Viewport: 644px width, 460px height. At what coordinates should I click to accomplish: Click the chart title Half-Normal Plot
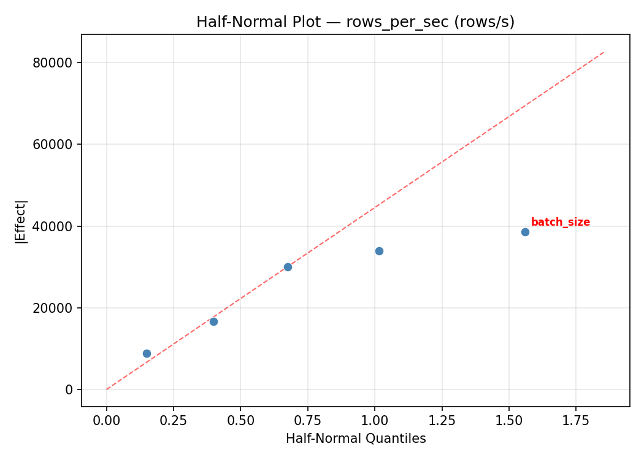(x=355, y=22)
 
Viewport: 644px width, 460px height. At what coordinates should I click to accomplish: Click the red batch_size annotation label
(x=560, y=222)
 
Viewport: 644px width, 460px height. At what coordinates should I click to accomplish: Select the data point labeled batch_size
(x=525, y=232)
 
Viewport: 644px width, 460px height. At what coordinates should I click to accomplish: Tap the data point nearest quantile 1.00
(x=379, y=251)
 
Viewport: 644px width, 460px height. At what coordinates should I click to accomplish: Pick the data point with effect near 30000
(x=288, y=267)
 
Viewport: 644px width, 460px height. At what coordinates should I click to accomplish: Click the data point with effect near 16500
(x=213, y=321)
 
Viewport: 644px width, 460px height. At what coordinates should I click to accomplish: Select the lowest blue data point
(x=147, y=353)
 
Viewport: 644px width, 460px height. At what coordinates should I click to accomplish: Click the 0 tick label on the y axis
(x=69, y=389)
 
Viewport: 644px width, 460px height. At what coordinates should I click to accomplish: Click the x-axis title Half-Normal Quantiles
(x=356, y=439)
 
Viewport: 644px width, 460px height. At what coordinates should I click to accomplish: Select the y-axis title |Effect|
(x=21, y=221)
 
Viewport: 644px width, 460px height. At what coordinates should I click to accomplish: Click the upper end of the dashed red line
(x=604, y=52)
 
